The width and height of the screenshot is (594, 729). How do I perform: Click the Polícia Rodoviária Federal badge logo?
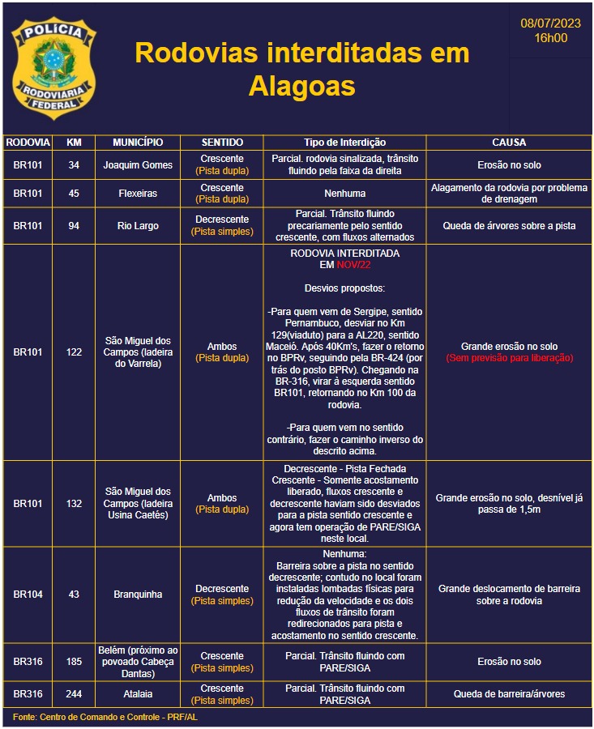click(53, 68)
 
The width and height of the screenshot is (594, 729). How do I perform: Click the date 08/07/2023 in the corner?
click(550, 23)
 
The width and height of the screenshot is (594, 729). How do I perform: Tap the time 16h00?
click(550, 37)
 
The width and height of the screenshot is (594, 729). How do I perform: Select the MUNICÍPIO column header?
click(138, 143)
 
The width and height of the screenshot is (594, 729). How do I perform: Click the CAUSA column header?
click(509, 143)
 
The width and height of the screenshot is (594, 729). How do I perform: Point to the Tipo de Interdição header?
click(344, 143)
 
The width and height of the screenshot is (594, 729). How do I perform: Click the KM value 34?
click(74, 165)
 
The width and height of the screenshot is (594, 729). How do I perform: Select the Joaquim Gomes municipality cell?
click(138, 165)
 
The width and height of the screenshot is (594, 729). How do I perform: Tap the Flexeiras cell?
click(138, 194)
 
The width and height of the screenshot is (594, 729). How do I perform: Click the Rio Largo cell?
click(138, 226)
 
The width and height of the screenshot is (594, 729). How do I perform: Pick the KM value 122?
click(74, 352)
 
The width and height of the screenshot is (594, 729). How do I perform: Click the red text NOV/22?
click(353, 265)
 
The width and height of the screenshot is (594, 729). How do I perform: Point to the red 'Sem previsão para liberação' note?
click(509, 358)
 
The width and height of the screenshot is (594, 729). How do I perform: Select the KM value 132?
click(74, 504)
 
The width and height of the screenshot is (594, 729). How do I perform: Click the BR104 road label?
click(28, 595)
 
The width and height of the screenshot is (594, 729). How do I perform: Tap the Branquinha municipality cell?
click(138, 595)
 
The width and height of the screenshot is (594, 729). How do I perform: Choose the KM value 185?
click(74, 662)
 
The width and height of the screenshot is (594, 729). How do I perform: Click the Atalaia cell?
click(138, 694)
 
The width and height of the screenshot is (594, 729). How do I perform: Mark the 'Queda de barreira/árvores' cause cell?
click(509, 694)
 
